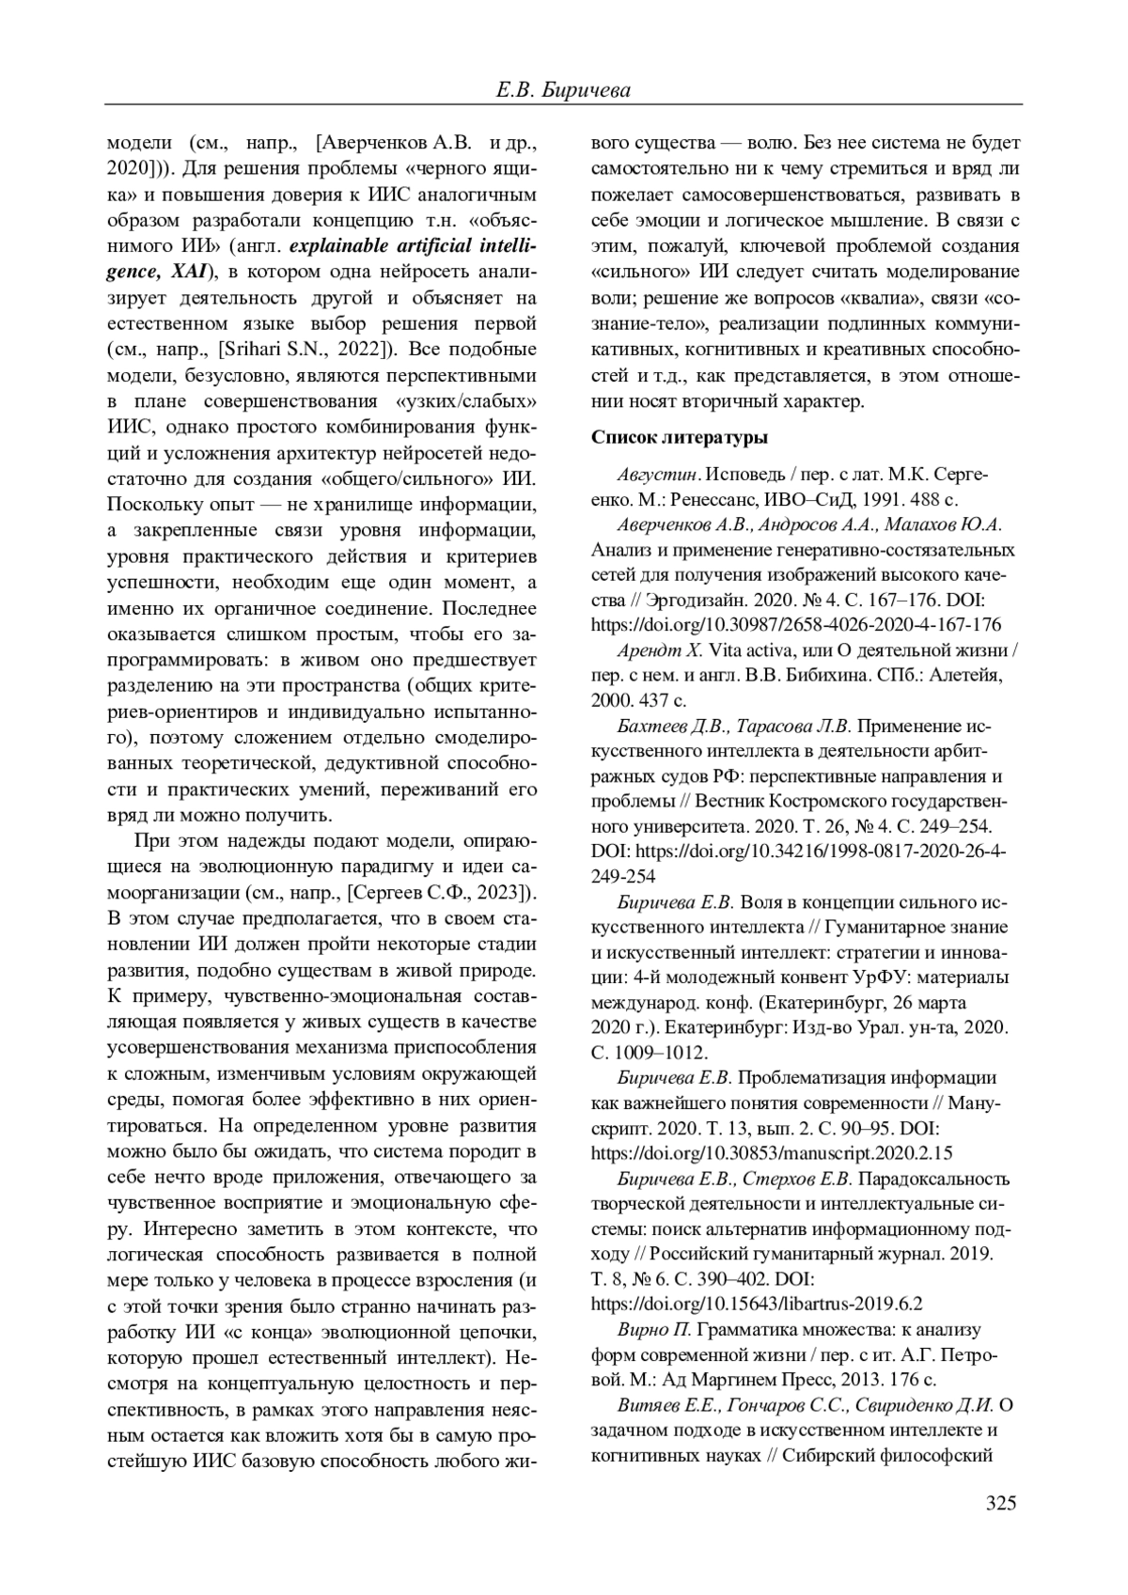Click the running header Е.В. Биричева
(x=562, y=90)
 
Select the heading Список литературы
(x=680, y=437)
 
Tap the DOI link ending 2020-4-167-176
(x=795, y=624)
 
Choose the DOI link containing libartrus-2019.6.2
(x=757, y=1304)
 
